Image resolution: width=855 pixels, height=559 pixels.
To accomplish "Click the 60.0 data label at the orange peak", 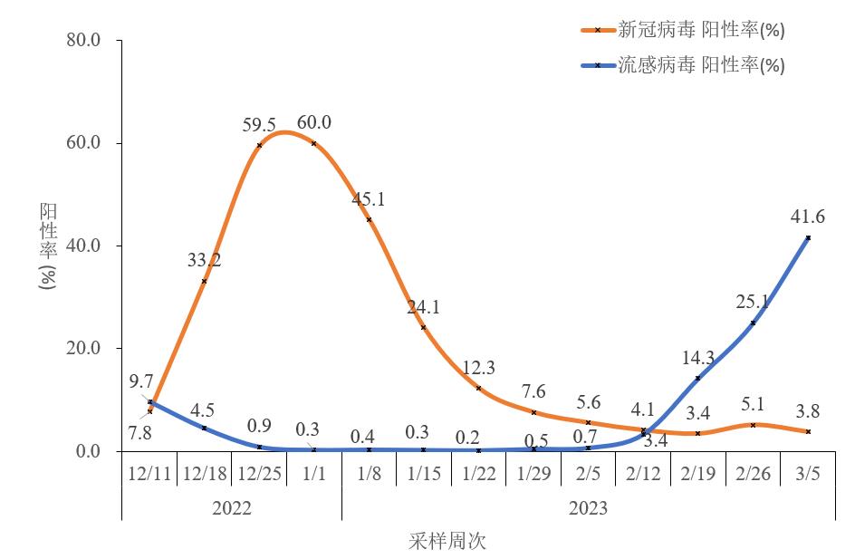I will tap(314, 123).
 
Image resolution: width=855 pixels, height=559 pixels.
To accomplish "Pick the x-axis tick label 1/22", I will tap(478, 475).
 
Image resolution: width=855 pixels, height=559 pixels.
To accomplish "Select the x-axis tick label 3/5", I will tap(808, 475).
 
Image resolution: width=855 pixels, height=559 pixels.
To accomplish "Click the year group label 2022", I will tap(232, 508).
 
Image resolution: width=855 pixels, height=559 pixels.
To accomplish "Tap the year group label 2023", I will tap(588, 508).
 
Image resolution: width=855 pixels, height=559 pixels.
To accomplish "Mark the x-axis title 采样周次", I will tap(448, 542).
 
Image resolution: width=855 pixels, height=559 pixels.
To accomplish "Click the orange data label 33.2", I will tap(204, 261).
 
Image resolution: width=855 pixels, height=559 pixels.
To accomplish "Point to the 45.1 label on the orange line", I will tap(369, 199).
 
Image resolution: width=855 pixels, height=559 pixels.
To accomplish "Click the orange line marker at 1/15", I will tap(424, 327).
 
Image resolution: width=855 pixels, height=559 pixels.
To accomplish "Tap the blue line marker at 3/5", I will tap(808, 237).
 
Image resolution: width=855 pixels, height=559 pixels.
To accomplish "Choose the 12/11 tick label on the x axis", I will tap(149, 475).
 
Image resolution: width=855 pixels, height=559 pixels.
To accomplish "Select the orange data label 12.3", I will tap(478, 368).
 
